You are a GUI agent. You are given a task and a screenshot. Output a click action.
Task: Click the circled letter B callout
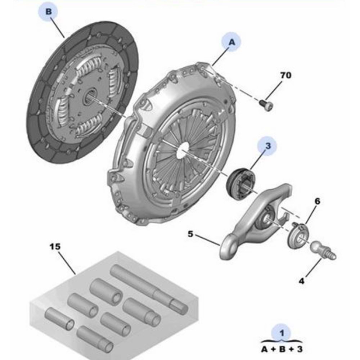49,12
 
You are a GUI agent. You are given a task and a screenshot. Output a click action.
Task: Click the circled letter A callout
231,42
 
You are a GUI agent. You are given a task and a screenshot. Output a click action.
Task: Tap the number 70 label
285,75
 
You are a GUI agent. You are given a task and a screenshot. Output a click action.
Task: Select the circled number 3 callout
267,146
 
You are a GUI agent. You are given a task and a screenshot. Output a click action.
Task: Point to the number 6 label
317,201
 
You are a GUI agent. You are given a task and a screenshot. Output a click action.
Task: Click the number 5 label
190,234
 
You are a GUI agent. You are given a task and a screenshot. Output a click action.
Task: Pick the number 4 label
301,281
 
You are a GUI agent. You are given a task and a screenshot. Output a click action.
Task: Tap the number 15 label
55,247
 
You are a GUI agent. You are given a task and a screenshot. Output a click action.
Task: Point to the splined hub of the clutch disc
90,96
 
